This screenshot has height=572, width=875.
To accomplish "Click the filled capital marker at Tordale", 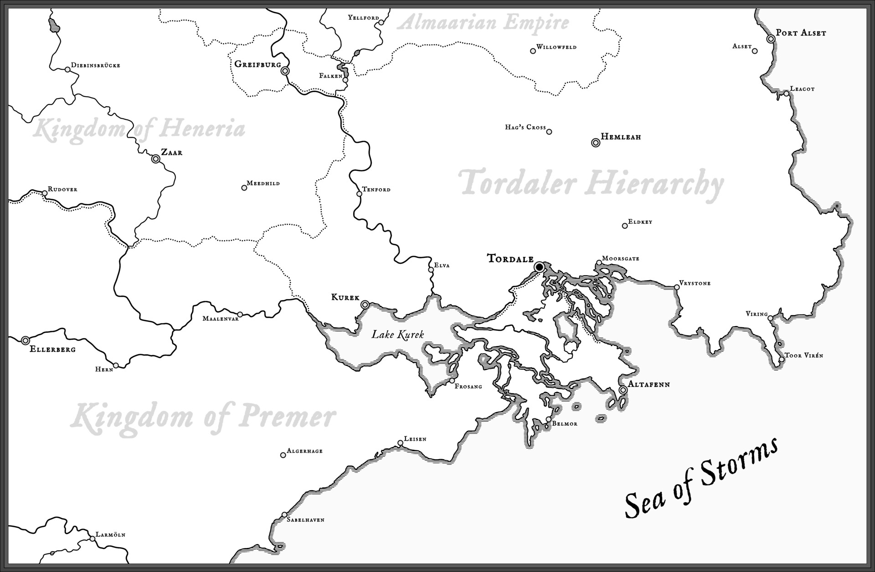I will [540, 267].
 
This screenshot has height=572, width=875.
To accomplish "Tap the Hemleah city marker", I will [595, 143].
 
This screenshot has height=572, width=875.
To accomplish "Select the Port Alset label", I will [801, 33].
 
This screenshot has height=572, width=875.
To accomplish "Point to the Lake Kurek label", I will [398, 335].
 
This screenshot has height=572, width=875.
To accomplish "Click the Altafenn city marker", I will [623, 390].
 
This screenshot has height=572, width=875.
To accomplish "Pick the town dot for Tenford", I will [359, 194].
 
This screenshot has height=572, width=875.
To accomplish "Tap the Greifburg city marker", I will [285, 71].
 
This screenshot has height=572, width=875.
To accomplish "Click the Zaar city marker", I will [155, 159].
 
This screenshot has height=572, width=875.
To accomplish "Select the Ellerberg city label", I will [52, 350].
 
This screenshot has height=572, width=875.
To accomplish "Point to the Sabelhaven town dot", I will [284, 514].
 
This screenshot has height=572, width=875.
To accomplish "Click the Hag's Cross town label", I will [525, 127].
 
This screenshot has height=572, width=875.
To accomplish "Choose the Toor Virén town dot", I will [781, 360].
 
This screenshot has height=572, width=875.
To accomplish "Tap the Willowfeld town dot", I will [533, 51].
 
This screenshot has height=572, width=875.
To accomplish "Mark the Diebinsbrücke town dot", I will [67, 69].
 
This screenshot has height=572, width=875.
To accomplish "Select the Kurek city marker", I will [365, 304].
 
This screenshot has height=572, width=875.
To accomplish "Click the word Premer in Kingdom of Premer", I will [288, 417].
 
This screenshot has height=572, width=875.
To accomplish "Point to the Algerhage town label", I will [304, 451].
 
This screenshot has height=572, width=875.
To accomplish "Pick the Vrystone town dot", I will [677, 287].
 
